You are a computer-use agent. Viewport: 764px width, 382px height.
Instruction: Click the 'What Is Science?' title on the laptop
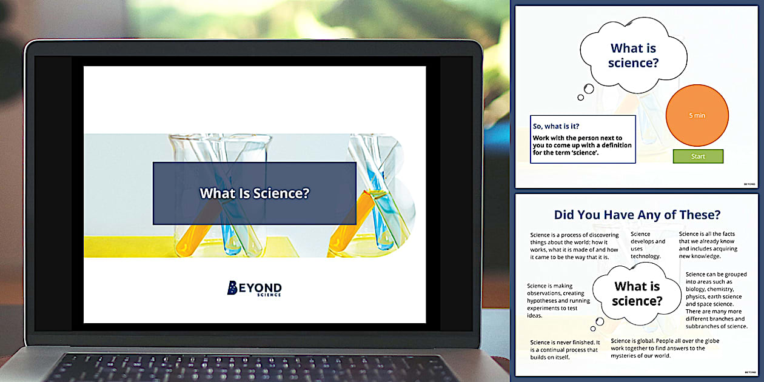(x=255, y=193)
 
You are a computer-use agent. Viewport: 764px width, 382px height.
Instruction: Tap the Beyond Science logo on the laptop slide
(x=254, y=288)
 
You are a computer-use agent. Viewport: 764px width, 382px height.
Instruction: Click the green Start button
(x=698, y=156)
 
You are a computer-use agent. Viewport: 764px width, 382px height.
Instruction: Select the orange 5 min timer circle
(x=697, y=115)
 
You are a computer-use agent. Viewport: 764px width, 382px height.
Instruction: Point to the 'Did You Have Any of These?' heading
(x=637, y=215)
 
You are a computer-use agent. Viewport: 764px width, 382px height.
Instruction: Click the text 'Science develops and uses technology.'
(x=648, y=245)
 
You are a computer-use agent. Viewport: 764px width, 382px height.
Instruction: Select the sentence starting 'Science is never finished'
(x=565, y=349)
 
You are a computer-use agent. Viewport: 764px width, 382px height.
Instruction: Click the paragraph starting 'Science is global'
(x=665, y=348)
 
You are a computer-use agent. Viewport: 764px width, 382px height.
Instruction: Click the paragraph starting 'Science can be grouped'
(x=715, y=300)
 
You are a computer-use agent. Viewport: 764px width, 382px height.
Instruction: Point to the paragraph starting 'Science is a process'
(x=574, y=245)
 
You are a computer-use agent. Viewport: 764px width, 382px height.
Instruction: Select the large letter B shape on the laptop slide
(x=388, y=194)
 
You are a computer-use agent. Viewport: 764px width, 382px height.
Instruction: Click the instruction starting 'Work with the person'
(x=581, y=146)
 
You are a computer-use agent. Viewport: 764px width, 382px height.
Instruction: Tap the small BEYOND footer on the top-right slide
(x=749, y=183)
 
